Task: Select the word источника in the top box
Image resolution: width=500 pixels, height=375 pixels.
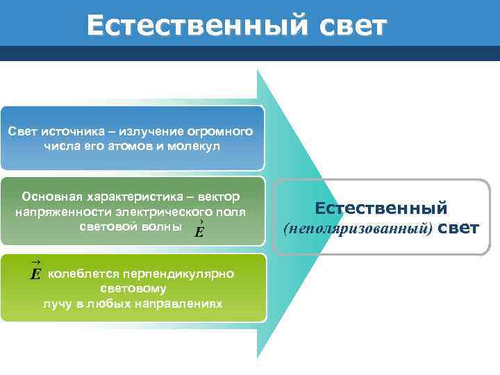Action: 73,132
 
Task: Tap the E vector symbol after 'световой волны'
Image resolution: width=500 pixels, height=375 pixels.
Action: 199,230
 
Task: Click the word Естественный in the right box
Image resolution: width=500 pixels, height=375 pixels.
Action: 381,208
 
